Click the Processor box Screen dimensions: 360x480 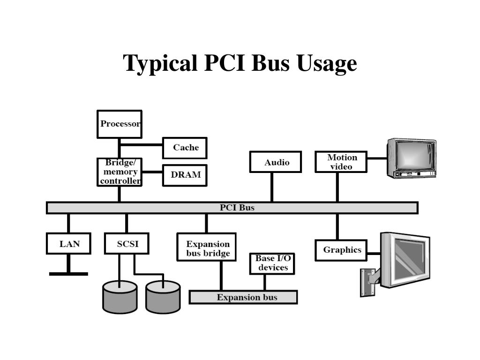pyautogui.click(x=120, y=124)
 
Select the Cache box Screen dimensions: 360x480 pyautogui.click(x=185, y=148)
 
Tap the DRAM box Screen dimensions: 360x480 pyautogui.click(x=185, y=175)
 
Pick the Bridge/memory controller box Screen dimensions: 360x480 pyautogui.click(x=120, y=172)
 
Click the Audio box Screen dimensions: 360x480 pyautogui.click(x=276, y=163)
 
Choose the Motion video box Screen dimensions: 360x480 pyautogui.click(x=341, y=162)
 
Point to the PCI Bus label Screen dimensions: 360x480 pyautogui.click(x=237, y=208)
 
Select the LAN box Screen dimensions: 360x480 pyautogui.click(x=69, y=244)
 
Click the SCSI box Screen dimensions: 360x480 pyautogui.click(x=127, y=244)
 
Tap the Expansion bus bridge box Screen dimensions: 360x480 pyautogui.click(x=207, y=248)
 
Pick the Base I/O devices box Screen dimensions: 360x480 pyautogui.click(x=272, y=263)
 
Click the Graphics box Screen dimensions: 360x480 pyautogui.click(x=342, y=250)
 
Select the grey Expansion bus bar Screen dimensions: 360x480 pyautogui.click(x=243, y=297)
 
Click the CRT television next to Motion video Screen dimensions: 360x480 pyautogui.click(x=411, y=158)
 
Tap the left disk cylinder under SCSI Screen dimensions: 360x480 pyautogui.click(x=120, y=297)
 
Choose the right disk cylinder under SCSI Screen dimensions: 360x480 pyautogui.click(x=163, y=297)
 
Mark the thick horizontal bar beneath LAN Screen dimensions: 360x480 pyautogui.click(x=68, y=273)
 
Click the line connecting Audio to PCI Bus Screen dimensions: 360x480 pyautogui.click(x=272, y=187)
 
